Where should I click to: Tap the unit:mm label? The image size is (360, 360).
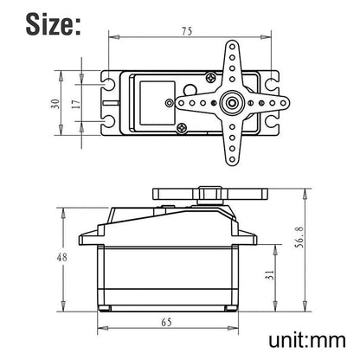tap(307, 340)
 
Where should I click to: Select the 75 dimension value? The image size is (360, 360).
tap(187, 31)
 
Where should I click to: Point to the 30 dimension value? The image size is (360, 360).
tap(55, 104)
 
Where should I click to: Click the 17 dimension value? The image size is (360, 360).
tap(76, 104)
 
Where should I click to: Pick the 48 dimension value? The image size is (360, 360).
tap(61, 257)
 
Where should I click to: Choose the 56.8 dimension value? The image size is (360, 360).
tap(299, 237)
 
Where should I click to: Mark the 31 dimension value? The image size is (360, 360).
tap(269, 276)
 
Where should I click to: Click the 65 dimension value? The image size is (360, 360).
tap(166, 322)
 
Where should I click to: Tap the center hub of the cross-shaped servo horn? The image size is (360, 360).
tap(232, 103)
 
